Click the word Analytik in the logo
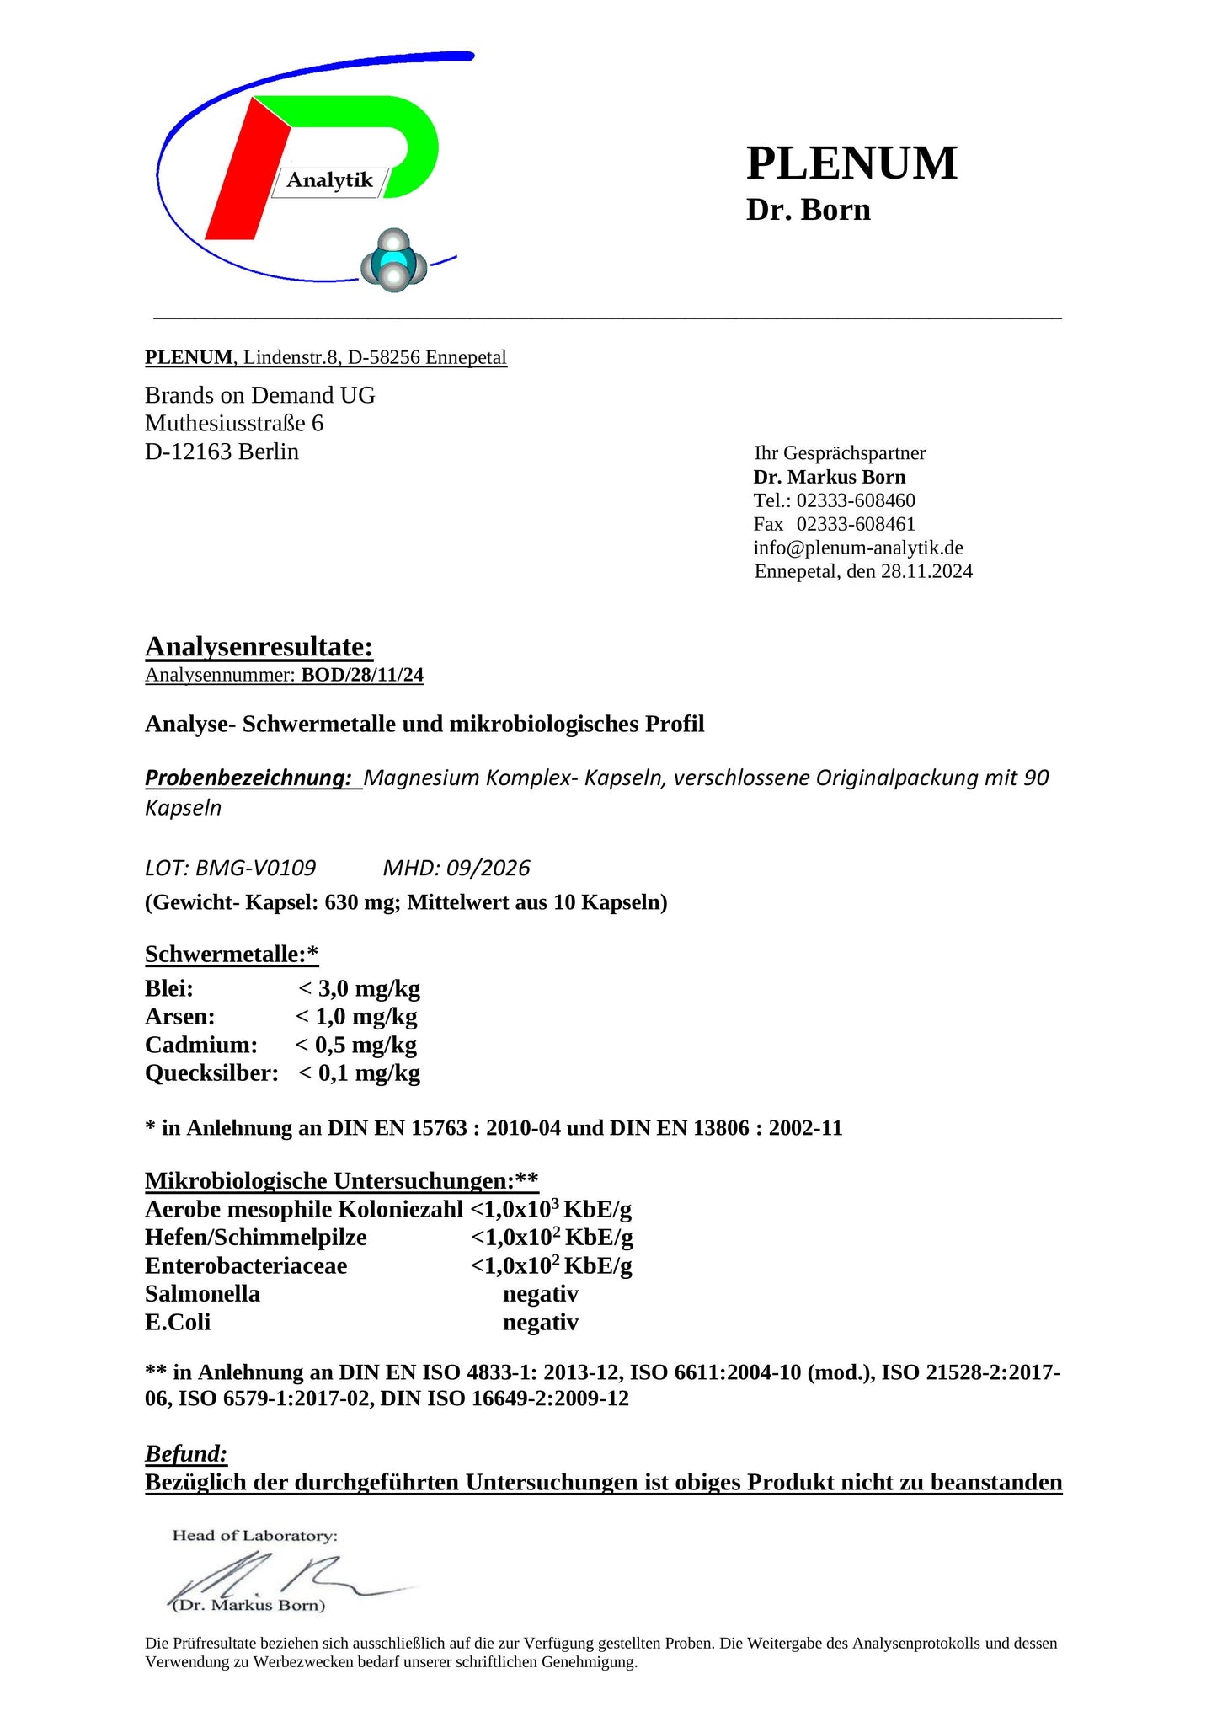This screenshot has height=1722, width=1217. click(x=329, y=180)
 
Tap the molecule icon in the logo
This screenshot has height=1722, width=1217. click(x=394, y=261)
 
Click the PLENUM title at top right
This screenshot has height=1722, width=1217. click(x=851, y=163)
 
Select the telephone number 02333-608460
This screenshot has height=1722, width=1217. click(x=856, y=500)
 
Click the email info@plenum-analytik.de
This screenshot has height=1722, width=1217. click(x=858, y=548)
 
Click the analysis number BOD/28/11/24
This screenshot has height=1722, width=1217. click(x=362, y=675)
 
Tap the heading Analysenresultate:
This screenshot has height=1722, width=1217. click(x=259, y=646)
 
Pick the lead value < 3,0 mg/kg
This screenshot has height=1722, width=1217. click(x=359, y=988)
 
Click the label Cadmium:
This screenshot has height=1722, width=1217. click(x=201, y=1045)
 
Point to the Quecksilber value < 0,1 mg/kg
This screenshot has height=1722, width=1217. click(x=359, y=1073)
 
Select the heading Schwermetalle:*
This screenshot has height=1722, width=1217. click(x=232, y=954)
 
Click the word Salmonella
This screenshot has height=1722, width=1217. click(x=202, y=1294)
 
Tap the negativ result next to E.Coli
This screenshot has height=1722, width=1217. click(x=541, y=1323)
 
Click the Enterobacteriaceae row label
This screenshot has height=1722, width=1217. click(x=246, y=1265)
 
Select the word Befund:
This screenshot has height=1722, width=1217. click(x=186, y=1453)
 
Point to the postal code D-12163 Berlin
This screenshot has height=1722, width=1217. click(x=222, y=452)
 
